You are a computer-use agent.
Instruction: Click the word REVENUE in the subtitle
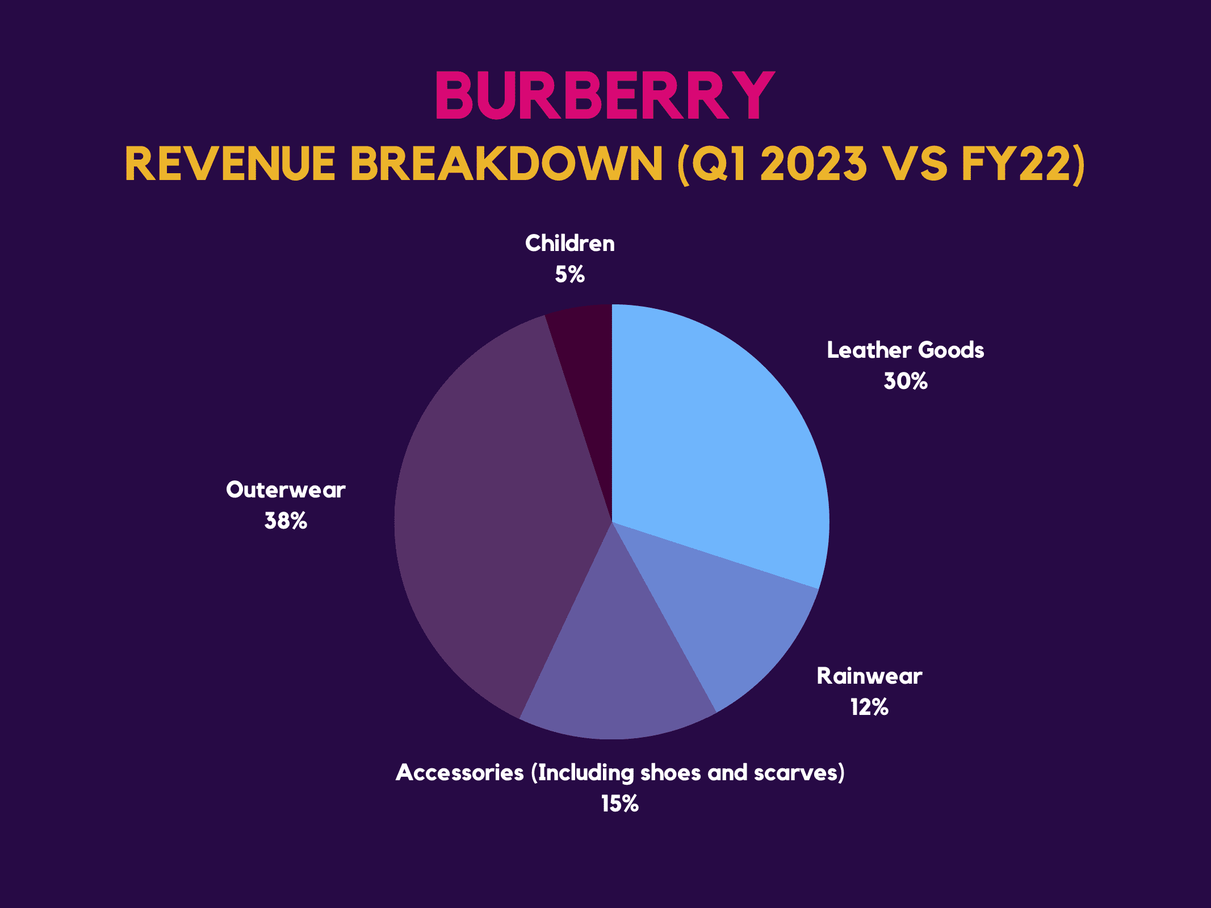click(230, 164)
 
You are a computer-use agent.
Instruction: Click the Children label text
click(569, 244)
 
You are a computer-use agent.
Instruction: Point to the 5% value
click(569, 275)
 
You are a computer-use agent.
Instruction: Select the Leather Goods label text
click(905, 350)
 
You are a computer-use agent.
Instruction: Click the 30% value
click(905, 381)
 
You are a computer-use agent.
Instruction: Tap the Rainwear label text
click(869, 676)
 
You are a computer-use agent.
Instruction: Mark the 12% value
click(869, 708)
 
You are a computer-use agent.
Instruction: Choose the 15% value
click(620, 804)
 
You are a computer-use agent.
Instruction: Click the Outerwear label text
click(286, 490)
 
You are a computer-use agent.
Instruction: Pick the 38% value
click(286, 521)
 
